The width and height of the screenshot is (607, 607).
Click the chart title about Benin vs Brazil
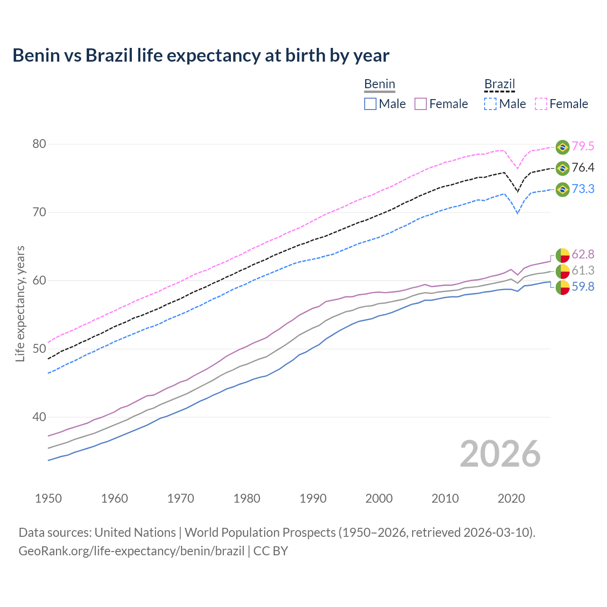click(201, 55)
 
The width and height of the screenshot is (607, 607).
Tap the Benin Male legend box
click(370, 104)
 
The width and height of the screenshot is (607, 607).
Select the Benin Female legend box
click(421, 104)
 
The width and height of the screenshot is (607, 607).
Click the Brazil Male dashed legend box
click(490, 104)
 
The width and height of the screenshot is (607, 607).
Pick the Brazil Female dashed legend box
click(541, 104)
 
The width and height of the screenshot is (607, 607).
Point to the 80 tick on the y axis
click(39, 144)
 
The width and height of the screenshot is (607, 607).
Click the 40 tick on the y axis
click(39, 417)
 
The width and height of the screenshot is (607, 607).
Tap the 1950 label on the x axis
click(48, 498)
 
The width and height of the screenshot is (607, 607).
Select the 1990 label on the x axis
click(313, 498)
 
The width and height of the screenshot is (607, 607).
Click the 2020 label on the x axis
click(511, 498)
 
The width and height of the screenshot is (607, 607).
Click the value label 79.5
click(583, 147)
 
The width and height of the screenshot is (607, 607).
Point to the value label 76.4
click(583, 168)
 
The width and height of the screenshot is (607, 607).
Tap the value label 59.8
click(583, 287)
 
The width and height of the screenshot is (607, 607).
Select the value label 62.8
click(583, 255)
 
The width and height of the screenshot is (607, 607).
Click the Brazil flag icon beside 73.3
click(562, 189)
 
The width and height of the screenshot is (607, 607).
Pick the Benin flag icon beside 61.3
click(562, 271)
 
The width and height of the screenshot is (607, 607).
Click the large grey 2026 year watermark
click(500, 454)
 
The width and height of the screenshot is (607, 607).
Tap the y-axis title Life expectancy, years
click(20, 303)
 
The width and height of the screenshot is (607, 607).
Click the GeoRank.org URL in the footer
click(131, 551)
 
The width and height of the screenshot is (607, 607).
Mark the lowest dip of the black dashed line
click(517, 192)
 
